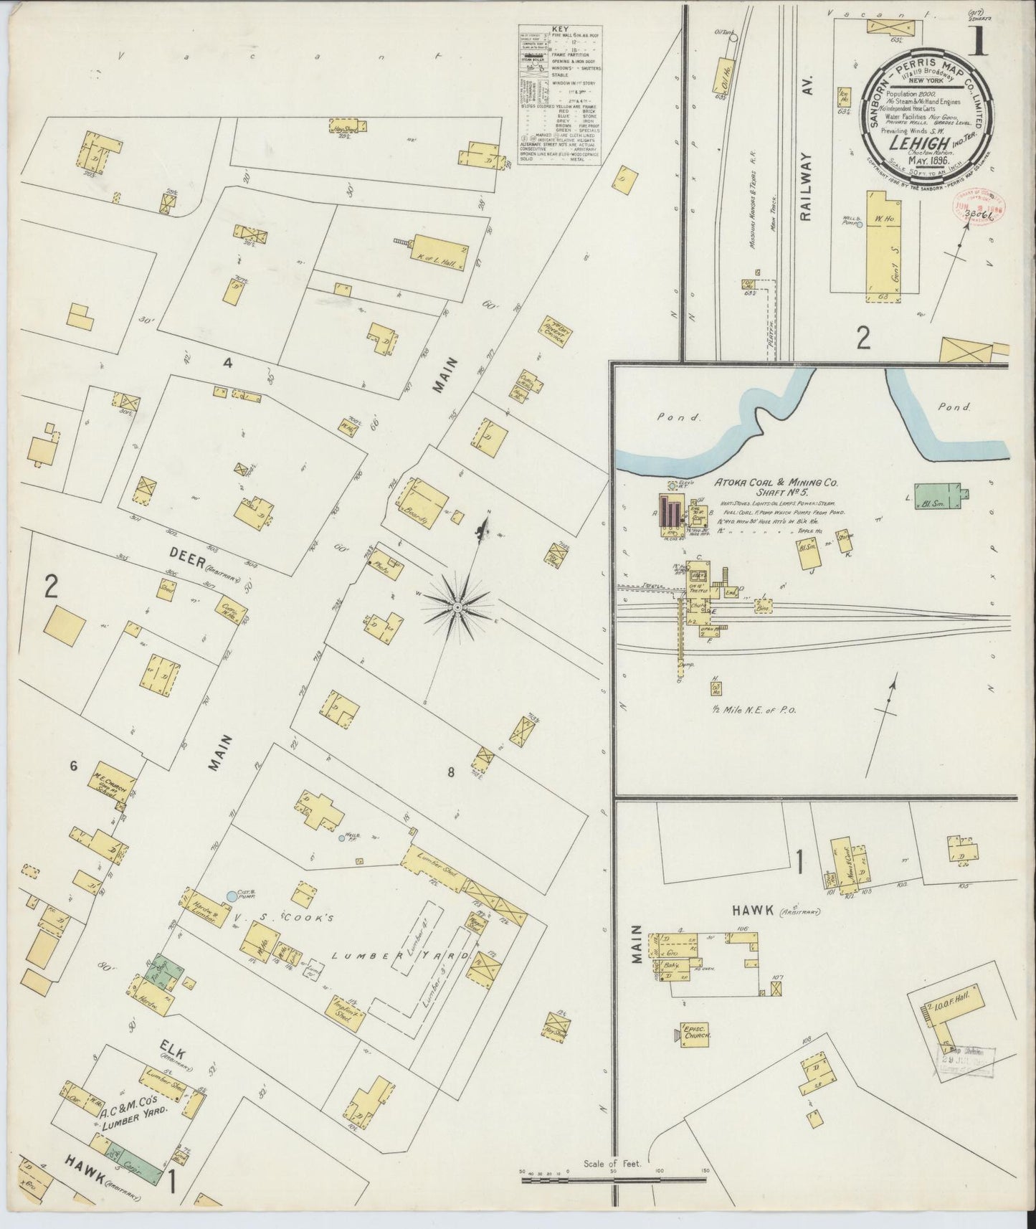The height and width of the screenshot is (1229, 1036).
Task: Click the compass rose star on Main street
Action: [x=456, y=607]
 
